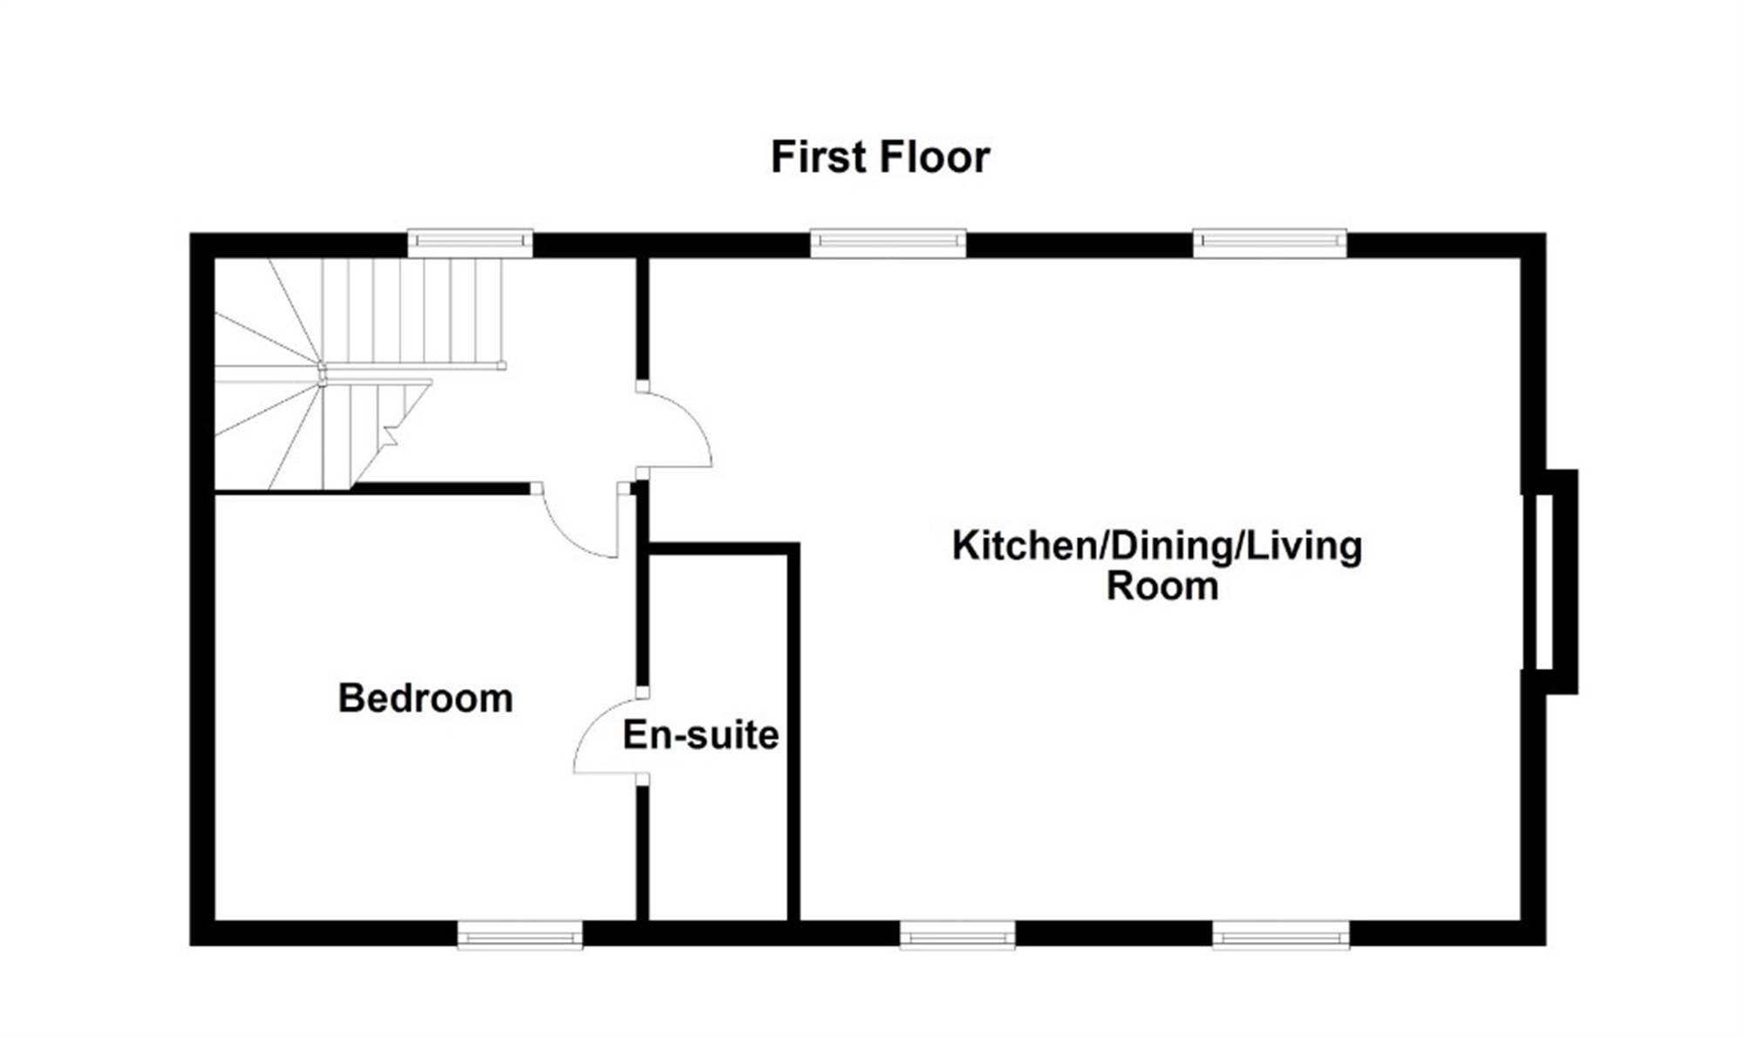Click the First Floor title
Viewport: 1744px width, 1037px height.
[880, 158]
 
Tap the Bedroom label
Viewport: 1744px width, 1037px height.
[426, 699]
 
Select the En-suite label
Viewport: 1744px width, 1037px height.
[700, 735]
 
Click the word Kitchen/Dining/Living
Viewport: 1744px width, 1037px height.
[1157, 547]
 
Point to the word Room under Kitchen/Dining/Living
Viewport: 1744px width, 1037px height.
[1162, 586]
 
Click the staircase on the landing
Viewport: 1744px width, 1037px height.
[358, 373]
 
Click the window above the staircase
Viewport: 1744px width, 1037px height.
[470, 242]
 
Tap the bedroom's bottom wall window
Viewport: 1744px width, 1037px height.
[520, 935]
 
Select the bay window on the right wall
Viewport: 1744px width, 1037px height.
[1550, 582]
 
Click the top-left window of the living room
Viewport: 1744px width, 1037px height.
[888, 242]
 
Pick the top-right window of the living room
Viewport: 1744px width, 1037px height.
[1270, 242]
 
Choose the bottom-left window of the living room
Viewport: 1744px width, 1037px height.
[957, 935]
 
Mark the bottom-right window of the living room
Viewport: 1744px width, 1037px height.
[1281, 935]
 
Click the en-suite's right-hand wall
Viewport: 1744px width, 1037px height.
[794, 733]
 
